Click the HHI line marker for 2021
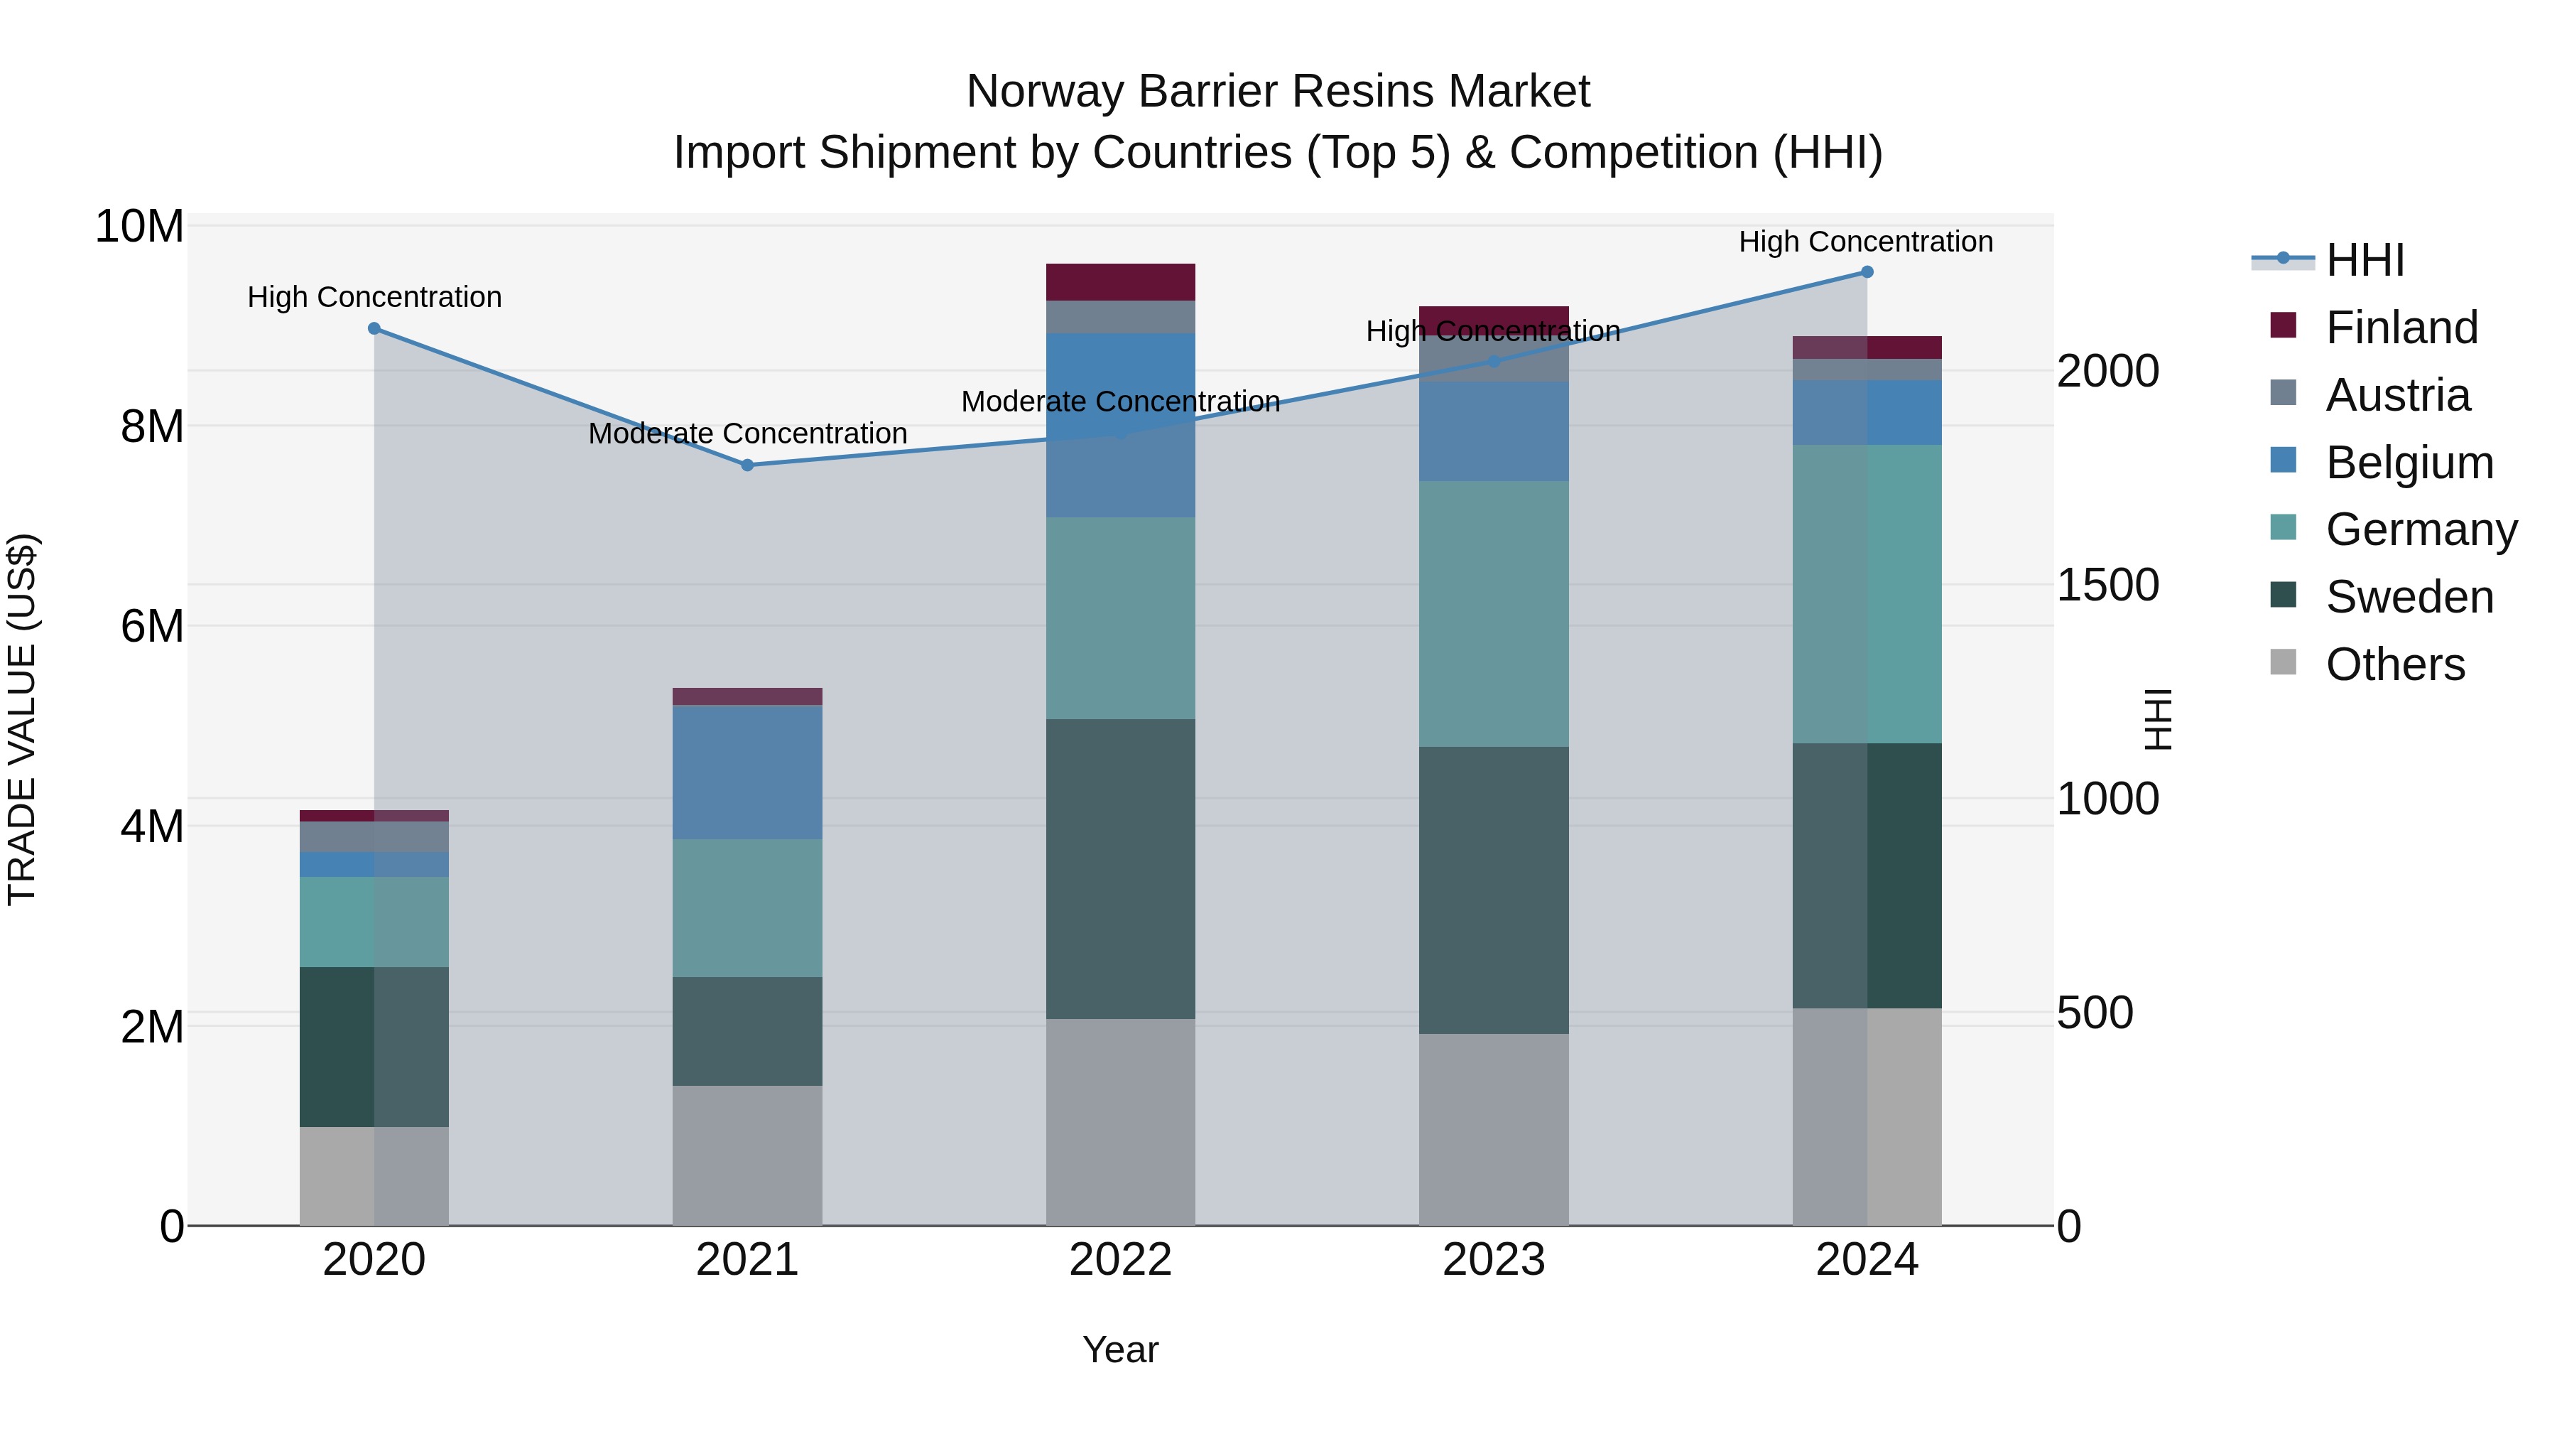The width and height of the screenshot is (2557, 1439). tap(747, 465)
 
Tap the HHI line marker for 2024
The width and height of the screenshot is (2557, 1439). tap(1867, 272)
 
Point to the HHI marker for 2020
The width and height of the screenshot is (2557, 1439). tap(374, 329)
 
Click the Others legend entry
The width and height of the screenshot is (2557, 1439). tap(2394, 664)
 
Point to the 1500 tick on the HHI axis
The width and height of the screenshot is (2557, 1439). tap(2107, 585)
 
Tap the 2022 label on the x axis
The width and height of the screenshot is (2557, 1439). tap(1121, 1260)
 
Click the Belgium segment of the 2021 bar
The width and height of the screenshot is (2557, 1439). tap(747, 772)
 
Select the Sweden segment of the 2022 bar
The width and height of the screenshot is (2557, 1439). tap(1121, 869)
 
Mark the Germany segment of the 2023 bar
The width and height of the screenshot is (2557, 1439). tap(1494, 614)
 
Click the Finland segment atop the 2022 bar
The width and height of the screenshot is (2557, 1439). tap(1121, 282)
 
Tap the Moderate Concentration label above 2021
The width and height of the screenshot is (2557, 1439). tap(747, 434)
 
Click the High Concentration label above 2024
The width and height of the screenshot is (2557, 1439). tap(1866, 242)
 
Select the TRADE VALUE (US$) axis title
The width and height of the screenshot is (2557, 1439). tap(22, 719)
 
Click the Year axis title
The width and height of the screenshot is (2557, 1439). tap(1121, 1349)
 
